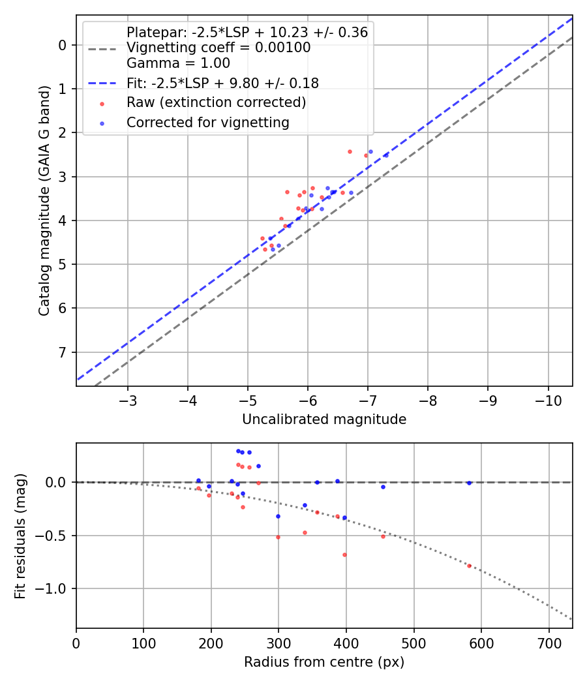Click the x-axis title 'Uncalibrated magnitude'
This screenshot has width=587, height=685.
[x=324, y=419]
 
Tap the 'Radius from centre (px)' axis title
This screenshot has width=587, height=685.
[x=324, y=662]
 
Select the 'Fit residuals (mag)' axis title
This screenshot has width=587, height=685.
[x=21, y=536]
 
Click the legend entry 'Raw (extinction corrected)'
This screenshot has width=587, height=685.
[x=216, y=102]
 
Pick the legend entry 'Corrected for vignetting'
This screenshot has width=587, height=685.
[x=207, y=122]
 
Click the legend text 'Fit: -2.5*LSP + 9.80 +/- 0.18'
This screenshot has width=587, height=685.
[x=222, y=83]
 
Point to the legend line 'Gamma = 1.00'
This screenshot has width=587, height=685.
[x=178, y=63]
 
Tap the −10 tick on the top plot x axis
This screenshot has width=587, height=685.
[x=548, y=399]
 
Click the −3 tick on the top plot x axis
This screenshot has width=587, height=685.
[x=128, y=399]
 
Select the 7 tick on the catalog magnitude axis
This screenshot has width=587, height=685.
[x=63, y=352]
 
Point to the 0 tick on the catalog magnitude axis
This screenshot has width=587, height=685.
[x=63, y=45]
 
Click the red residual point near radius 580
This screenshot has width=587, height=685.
[x=469, y=566]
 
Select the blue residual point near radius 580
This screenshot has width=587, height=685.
[x=469, y=483]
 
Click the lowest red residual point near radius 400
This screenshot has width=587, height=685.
[x=344, y=555]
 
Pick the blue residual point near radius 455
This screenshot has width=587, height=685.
[x=383, y=487]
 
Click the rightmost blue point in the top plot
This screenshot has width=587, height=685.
[x=385, y=155]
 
